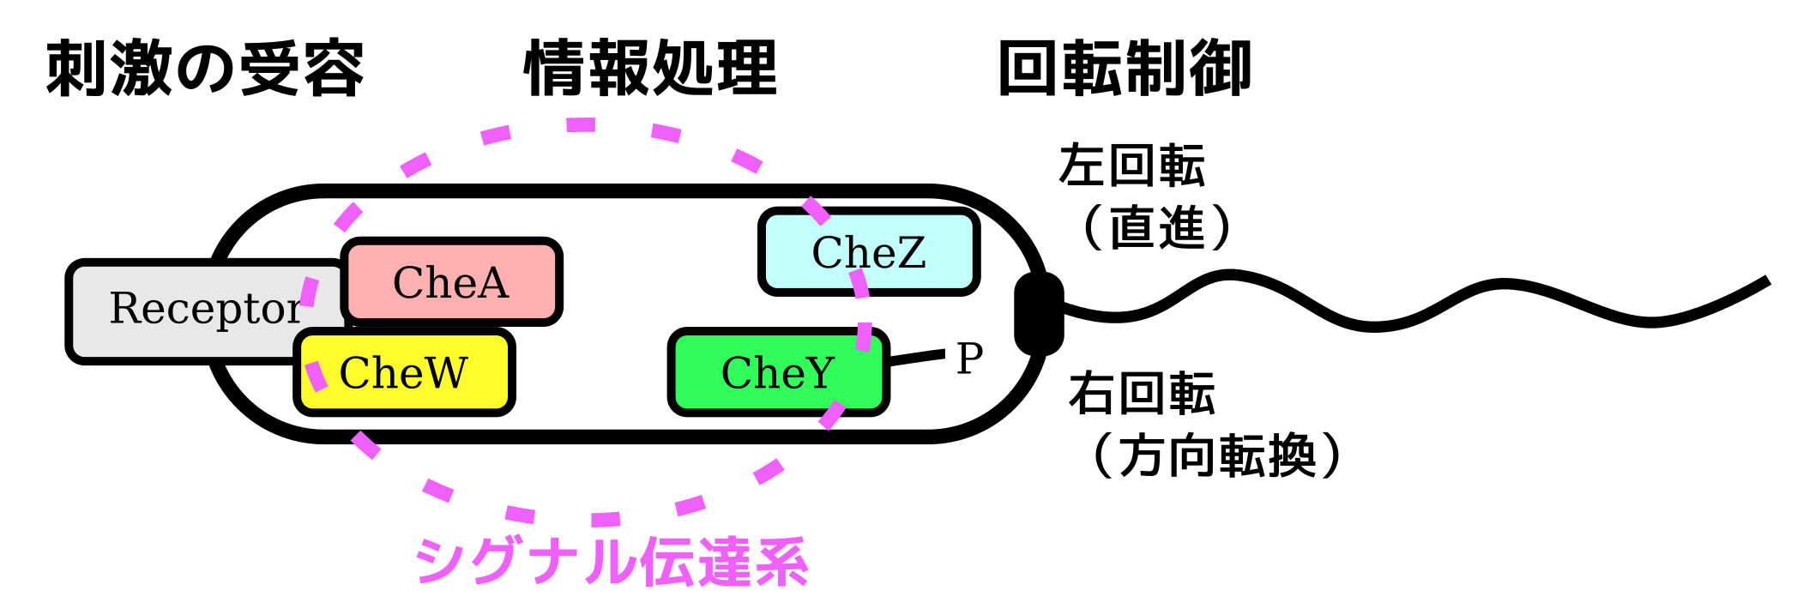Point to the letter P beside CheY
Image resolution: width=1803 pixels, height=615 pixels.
969,359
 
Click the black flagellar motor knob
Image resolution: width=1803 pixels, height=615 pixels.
1038,313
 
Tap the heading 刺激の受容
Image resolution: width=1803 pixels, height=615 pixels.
205,69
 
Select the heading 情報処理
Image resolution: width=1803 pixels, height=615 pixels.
650,69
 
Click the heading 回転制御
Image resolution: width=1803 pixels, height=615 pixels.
1125,69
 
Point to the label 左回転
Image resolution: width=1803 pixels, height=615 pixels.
1131,166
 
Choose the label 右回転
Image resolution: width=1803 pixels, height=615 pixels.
1142,394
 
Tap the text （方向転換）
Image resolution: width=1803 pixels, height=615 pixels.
1217,455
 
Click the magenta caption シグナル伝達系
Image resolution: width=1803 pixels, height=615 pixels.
612,562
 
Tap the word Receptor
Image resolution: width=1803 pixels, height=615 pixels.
205,309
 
